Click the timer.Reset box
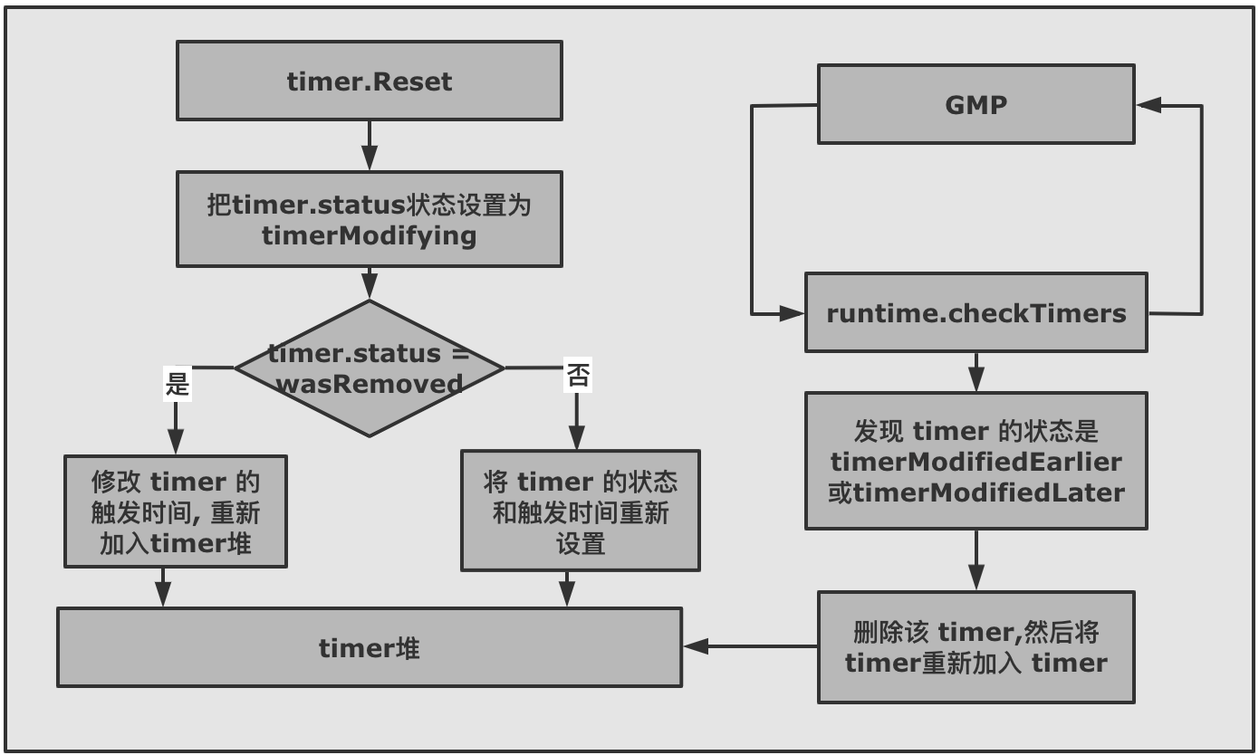click(369, 81)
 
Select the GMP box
click(975, 104)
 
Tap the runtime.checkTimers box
click(975, 313)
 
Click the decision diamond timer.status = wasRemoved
click(369, 368)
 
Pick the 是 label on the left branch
click(177, 383)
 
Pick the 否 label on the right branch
click(577, 375)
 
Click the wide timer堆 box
click(369, 647)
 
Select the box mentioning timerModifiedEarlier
click(975, 461)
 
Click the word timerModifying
click(369, 235)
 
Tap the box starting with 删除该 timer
click(975, 647)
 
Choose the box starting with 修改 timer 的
click(176, 511)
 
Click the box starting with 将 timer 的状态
click(580, 511)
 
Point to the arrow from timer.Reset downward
click(369, 145)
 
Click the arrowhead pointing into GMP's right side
click(1148, 105)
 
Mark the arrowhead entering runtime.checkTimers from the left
click(793, 314)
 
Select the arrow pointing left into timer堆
click(696, 646)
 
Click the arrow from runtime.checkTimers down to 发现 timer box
click(975, 371)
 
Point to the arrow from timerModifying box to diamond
click(369, 282)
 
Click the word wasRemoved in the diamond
click(370, 383)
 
